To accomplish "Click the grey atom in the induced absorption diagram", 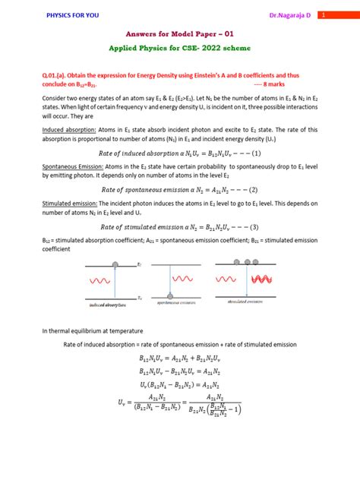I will pos(115,265).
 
